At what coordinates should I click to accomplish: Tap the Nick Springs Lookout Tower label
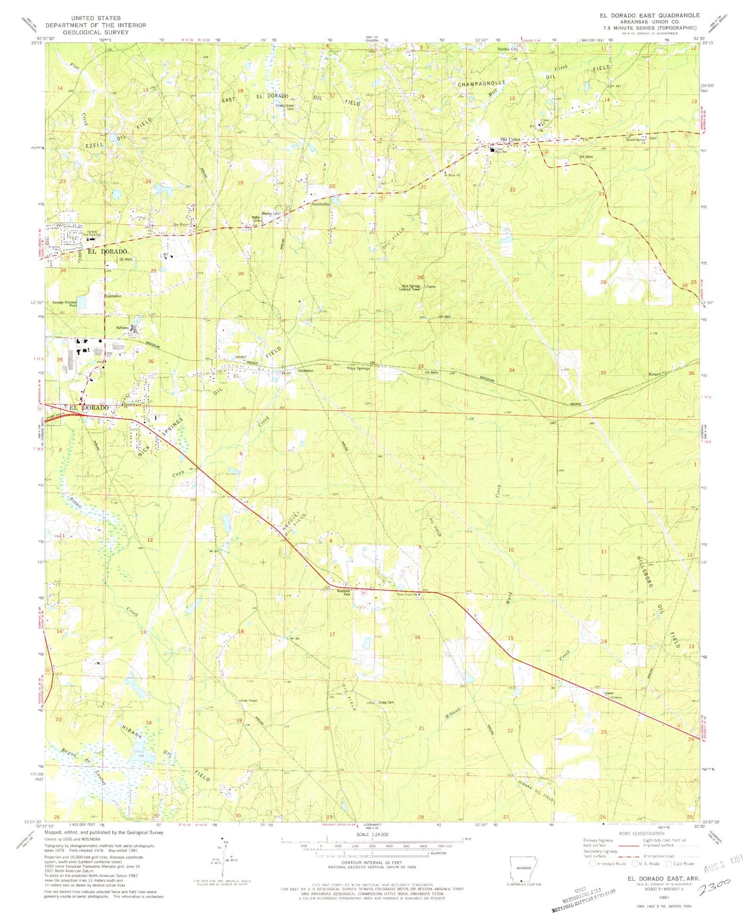point(411,287)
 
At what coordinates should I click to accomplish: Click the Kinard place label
point(655,374)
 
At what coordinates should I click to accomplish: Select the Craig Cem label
point(386,702)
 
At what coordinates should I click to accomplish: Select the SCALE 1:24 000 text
point(371,835)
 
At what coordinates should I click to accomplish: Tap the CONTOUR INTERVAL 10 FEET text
point(371,864)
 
